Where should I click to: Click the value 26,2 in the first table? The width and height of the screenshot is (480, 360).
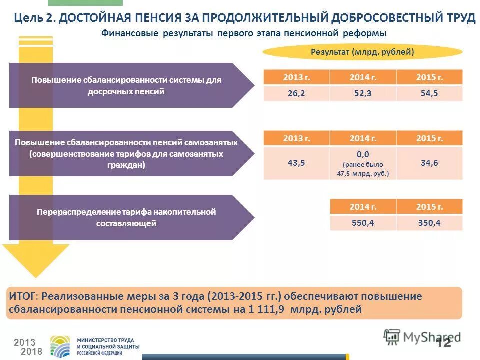click(x=296, y=93)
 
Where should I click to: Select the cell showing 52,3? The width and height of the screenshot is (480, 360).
click(x=362, y=93)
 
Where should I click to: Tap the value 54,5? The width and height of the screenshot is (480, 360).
click(x=429, y=93)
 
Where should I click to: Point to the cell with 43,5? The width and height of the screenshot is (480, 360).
click(x=296, y=163)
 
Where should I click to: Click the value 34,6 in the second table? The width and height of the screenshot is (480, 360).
click(x=429, y=163)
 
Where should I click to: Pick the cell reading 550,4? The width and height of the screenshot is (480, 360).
click(x=362, y=223)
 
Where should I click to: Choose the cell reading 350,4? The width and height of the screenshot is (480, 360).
click(x=429, y=223)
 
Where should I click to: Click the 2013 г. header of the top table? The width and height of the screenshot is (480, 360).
click(x=296, y=77)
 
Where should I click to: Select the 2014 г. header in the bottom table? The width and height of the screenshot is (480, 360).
click(x=362, y=207)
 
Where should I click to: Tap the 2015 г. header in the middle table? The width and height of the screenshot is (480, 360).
click(x=429, y=138)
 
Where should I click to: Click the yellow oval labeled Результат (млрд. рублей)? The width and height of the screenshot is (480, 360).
click(x=362, y=52)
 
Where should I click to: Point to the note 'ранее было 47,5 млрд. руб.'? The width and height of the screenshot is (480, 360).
click(x=363, y=169)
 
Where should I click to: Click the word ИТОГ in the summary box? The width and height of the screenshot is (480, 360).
click(x=22, y=296)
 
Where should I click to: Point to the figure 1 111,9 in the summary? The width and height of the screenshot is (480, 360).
click(x=267, y=309)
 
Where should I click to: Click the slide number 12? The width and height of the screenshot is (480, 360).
click(x=443, y=342)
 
